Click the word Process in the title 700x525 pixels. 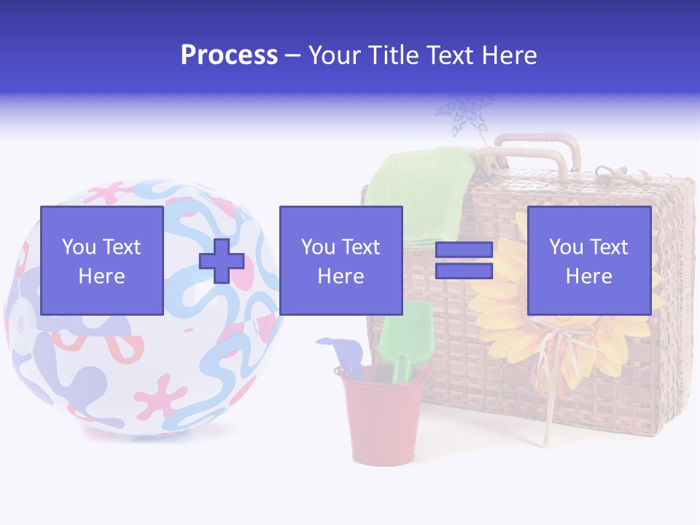point(229,55)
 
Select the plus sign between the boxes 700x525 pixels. point(222,261)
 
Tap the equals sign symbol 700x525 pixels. point(464,260)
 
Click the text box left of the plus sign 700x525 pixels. point(101,261)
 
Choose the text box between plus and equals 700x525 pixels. point(341,261)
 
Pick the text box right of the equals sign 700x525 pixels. point(588,261)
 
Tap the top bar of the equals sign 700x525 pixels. point(464,250)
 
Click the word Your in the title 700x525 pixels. point(335,55)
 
